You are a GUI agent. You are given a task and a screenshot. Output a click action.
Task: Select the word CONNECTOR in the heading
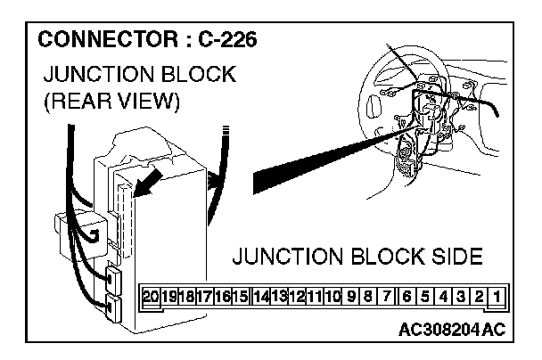[x=99, y=41]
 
